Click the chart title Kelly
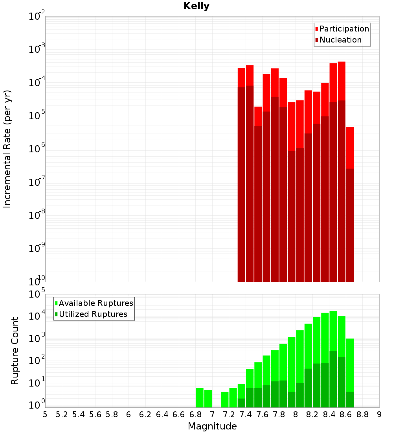pos(196,6)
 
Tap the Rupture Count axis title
pos(15,350)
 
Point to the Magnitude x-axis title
pos(212,426)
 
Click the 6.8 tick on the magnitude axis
pos(195,414)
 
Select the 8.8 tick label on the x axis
pos(362,414)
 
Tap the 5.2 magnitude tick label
pos(62,414)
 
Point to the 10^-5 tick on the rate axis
pos(37,116)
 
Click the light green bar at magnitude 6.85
pos(200,398)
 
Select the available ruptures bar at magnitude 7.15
pos(225,400)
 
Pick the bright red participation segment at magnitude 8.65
pos(350,148)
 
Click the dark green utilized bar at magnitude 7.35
pos(241,403)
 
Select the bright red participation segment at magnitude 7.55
pos(258,116)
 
